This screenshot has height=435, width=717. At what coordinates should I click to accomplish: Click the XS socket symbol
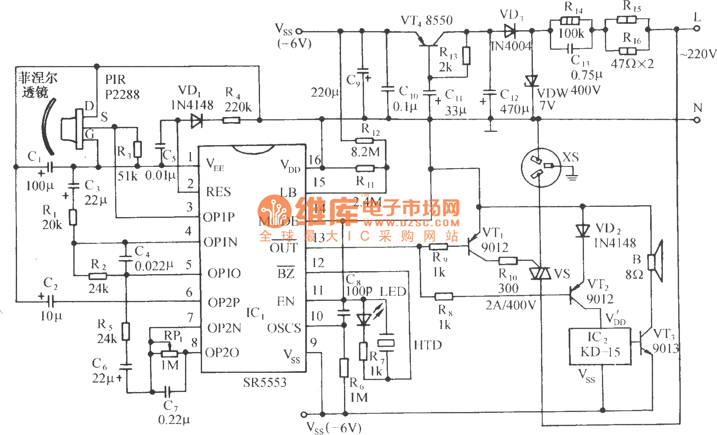540,167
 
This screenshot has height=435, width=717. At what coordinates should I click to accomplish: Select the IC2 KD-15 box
600,346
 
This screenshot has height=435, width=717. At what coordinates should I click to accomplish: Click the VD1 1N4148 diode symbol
196,121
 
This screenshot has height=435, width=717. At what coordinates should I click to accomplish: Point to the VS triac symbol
540,273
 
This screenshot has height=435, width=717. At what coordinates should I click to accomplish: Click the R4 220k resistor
231,121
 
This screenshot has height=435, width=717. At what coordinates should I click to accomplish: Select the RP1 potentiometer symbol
169,353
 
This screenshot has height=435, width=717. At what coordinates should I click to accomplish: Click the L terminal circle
697,29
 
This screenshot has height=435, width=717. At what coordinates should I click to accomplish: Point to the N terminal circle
697,120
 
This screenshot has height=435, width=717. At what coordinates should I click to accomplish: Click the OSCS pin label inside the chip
284,328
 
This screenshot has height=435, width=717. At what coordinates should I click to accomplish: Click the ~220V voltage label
698,54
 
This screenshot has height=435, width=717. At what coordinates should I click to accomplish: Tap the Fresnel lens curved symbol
48,126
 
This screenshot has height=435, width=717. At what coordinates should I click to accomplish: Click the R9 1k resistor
438,246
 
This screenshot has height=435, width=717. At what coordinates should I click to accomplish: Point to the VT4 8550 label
427,20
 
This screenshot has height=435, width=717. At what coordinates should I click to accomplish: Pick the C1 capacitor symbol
49,167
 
